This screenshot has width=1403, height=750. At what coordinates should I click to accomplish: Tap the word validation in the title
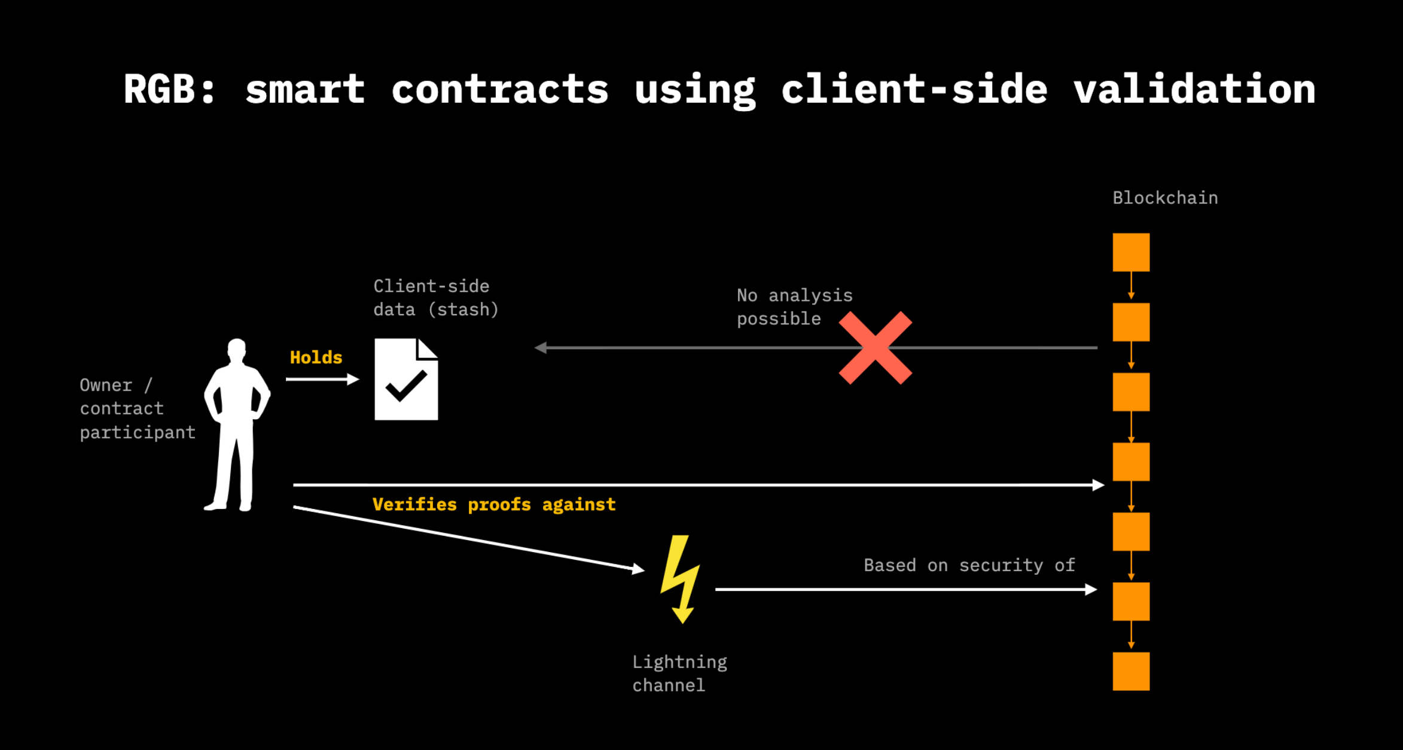click(x=1194, y=90)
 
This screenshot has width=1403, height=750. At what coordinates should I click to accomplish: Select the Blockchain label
click(x=1165, y=198)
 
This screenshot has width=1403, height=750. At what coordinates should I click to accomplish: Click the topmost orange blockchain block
click(x=1131, y=252)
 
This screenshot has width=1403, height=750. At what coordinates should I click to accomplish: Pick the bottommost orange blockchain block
click(x=1131, y=671)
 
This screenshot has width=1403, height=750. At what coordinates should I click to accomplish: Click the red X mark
click(x=875, y=347)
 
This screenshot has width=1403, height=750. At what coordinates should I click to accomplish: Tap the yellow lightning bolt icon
click(x=680, y=578)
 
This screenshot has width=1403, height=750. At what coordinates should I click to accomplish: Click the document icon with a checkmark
click(x=406, y=379)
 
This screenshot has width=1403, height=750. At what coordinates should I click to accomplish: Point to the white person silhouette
click(x=237, y=425)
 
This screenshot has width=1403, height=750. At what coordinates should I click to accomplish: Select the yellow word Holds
click(x=316, y=358)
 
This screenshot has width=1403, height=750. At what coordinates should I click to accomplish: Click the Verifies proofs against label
click(x=494, y=505)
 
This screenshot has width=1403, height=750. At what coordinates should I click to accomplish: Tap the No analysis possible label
click(x=794, y=307)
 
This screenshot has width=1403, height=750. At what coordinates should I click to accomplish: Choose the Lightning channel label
click(x=679, y=673)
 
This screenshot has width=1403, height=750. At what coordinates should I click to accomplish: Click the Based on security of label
click(x=969, y=565)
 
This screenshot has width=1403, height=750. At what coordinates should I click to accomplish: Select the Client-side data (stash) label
click(x=435, y=298)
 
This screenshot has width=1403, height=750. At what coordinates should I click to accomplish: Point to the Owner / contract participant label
click(x=137, y=408)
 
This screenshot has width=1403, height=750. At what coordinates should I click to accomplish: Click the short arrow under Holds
click(x=322, y=379)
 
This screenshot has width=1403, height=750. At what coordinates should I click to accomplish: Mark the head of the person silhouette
click(x=237, y=349)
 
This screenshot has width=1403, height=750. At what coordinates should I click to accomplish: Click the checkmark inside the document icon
click(x=406, y=386)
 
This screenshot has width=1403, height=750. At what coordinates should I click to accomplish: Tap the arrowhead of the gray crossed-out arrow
click(x=541, y=347)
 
